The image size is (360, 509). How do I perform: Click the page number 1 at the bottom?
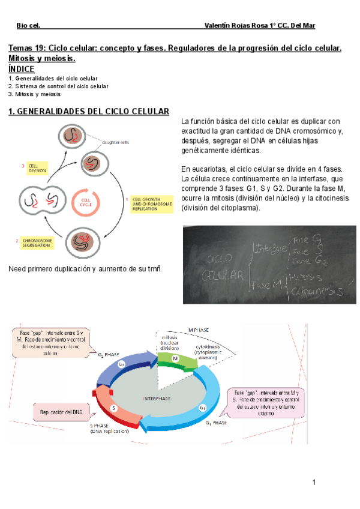pyautogui.click(x=313, y=482)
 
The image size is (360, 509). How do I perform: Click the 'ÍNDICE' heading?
pyautogui.click(x=26, y=69)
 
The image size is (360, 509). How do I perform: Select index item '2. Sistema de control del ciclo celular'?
pyautogui.click(x=58, y=86)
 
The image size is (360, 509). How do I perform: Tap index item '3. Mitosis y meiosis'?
pyautogui.click(x=35, y=94)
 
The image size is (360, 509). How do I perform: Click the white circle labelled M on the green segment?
pyautogui.click(x=176, y=358)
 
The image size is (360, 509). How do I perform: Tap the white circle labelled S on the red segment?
pyautogui.click(x=113, y=408)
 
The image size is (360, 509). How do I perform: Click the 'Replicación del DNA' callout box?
pyautogui.click(x=61, y=412)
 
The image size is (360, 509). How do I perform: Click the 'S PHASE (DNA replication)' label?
pyautogui.click(x=109, y=428)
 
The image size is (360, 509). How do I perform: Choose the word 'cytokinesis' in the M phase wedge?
pyautogui.click(x=211, y=347)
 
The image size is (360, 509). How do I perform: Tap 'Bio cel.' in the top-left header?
pyautogui.click(x=28, y=26)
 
